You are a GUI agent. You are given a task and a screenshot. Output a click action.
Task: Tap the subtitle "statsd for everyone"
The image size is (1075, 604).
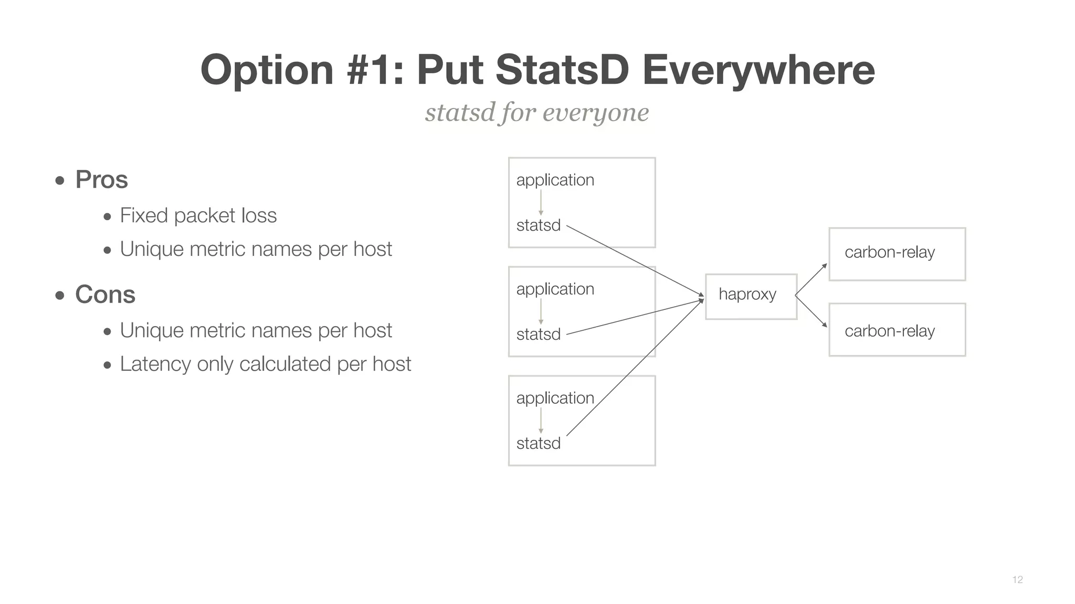point(537,112)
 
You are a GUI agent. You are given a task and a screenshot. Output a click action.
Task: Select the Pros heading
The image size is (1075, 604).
point(101,179)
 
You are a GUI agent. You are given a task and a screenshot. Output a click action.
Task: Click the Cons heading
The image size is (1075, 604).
point(105,294)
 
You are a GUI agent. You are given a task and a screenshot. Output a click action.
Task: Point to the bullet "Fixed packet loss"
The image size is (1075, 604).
point(198,215)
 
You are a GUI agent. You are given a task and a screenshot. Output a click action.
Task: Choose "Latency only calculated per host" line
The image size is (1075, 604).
point(265,364)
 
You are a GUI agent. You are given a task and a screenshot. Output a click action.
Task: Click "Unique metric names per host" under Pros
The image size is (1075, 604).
point(256,249)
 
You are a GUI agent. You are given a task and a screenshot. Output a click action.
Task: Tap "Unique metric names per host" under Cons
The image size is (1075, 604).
point(256,330)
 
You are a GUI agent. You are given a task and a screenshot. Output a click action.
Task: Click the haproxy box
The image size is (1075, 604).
point(751,296)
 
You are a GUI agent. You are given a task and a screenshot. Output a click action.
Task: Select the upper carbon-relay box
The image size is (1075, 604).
point(897,254)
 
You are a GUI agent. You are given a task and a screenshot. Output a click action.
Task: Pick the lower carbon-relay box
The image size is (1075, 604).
point(897,330)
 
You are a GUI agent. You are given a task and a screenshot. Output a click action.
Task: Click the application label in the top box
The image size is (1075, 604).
point(555,180)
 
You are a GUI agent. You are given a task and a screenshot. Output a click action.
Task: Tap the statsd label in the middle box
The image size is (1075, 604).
point(538,334)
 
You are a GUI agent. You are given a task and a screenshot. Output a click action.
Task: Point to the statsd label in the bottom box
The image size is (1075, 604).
point(538,443)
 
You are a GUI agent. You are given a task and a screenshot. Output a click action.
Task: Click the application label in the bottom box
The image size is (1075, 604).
point(555,398)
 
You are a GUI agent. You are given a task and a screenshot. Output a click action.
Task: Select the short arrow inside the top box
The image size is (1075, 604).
point(541,202)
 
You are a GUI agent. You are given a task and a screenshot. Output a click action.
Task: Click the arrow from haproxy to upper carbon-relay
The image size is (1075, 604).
point(811,279)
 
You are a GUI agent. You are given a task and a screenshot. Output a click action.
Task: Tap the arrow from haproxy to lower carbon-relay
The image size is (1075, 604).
point(811,311)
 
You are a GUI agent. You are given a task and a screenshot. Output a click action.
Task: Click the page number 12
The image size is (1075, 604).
point(1017,579)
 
